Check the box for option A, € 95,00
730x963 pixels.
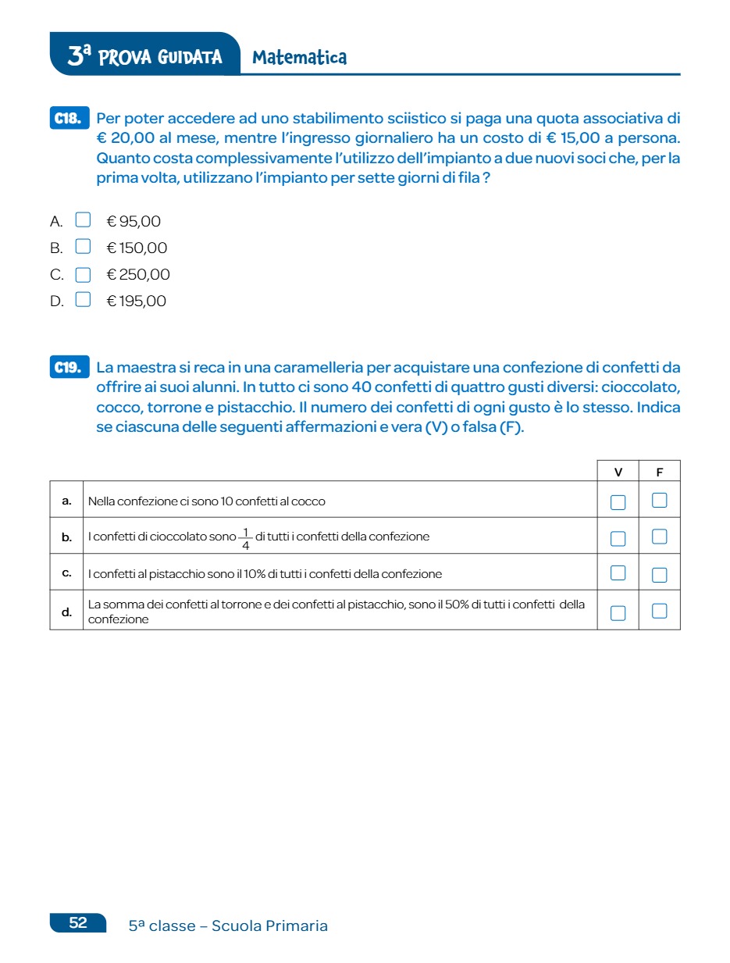coord(83,220)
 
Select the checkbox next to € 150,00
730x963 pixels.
coord(83,247)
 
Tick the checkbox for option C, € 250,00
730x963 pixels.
coord(83,274)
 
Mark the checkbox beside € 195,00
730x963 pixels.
coord(83,300)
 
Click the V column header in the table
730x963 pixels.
coord(618,472)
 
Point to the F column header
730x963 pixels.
coord(659,472)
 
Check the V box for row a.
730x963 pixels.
coord(618,501)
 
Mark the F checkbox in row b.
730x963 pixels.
coord(659,537)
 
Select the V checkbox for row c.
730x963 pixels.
coord(618,573)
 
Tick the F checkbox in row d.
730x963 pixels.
coord(659,612)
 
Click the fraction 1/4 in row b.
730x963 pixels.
coord(246,538)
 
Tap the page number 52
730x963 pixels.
coord(78,922)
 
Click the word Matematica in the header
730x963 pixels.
coord(300,58)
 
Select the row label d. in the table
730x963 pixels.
coord(66,612)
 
